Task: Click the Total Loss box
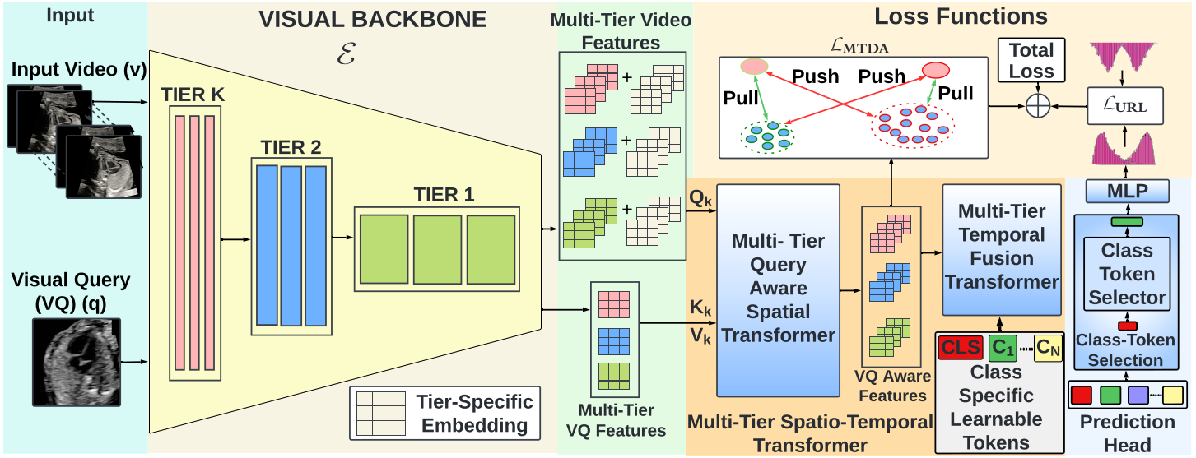coord(1031,60)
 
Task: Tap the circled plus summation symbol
coord(1038,105)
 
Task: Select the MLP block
coord(1127,191)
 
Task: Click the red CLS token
coord(961,348)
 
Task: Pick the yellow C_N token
coord(1048,348)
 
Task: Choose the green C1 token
coord(1003,348)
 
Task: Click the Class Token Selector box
coord(1127,274)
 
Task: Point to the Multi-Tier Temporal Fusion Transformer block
coord(1002,249)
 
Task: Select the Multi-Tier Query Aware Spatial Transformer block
coord(778,290)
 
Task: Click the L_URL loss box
coord(1125,105)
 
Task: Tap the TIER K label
coord(193,95)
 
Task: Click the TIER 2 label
coord(291,147)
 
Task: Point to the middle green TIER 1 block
coord(437,249)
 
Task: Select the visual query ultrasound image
coord(77,362)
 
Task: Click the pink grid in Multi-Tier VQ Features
coord(614,304)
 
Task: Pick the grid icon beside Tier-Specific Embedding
coord(380,414)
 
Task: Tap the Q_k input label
coord(700,198)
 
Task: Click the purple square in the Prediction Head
coord(1138,395)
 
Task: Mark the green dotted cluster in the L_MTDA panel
coord(767,136)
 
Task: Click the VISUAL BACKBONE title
coord(373,19)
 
